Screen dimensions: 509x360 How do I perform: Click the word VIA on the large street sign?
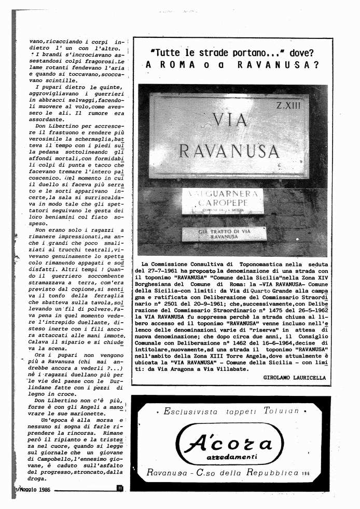(230, 120)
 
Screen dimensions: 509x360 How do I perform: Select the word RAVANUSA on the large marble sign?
(229, 150)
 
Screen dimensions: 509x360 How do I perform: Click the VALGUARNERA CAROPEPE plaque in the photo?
(223, 201)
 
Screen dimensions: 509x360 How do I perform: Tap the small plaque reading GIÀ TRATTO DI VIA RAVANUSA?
(224, 233)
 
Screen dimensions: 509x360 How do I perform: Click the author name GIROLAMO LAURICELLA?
(294, 378)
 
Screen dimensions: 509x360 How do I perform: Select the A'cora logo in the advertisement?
(231, 444)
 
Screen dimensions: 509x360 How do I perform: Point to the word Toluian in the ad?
(282, 411)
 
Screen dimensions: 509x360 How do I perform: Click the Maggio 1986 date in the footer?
(32, 489)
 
